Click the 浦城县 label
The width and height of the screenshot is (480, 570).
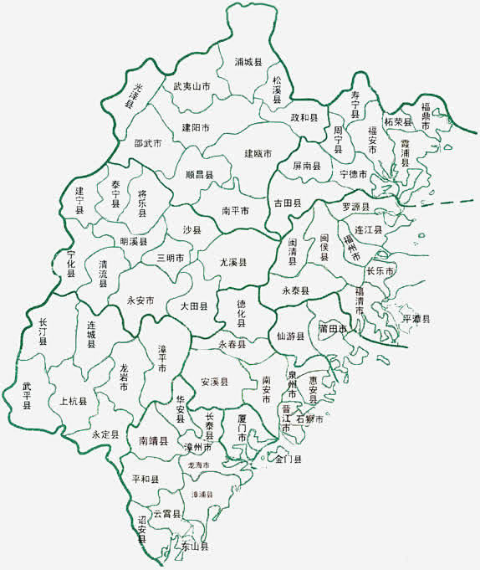point(248,63)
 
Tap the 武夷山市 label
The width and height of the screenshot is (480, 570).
point(191,86)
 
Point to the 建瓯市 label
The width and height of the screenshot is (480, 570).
point(258,153)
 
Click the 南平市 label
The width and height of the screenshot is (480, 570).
point(235,211)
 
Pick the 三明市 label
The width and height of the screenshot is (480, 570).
point(171,258)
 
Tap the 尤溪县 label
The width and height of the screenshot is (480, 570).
point(233,262)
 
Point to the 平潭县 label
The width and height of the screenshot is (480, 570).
point(416,319)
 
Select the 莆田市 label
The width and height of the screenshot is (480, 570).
point(332,330)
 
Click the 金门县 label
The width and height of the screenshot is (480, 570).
point(289,459)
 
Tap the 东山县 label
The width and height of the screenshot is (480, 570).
point(194,547)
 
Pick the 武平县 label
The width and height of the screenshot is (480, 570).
point(27,394)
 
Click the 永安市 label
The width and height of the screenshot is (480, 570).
point(140,300)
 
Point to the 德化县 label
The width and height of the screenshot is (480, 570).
point(241,314)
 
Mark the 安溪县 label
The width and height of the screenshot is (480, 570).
point(215,382)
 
